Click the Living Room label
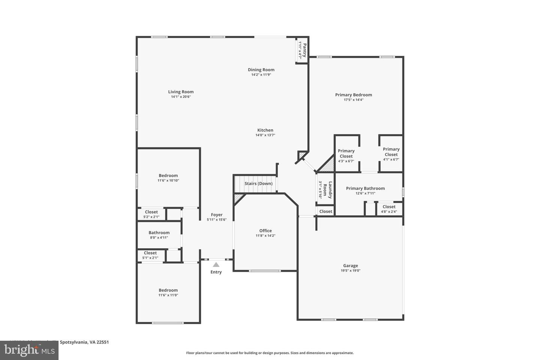181,92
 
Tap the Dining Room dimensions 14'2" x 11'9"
261,75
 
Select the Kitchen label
265,130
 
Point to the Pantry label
304,50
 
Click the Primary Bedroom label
353,95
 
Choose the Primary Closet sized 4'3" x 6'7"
346,154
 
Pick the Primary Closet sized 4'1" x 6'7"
391,152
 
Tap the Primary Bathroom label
365,189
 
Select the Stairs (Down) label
258,184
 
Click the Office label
265,231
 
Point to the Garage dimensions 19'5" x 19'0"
351,271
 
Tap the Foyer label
217,215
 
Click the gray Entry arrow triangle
216,265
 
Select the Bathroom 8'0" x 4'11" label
159,233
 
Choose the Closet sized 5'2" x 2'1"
151,212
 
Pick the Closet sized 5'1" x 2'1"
150,253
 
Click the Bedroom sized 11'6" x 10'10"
168,175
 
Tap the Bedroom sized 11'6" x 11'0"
168,290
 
